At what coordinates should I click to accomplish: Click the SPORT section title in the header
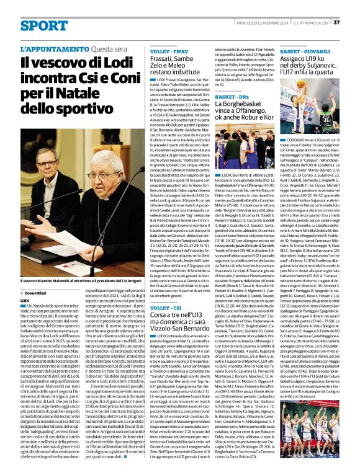tap(44, 25)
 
